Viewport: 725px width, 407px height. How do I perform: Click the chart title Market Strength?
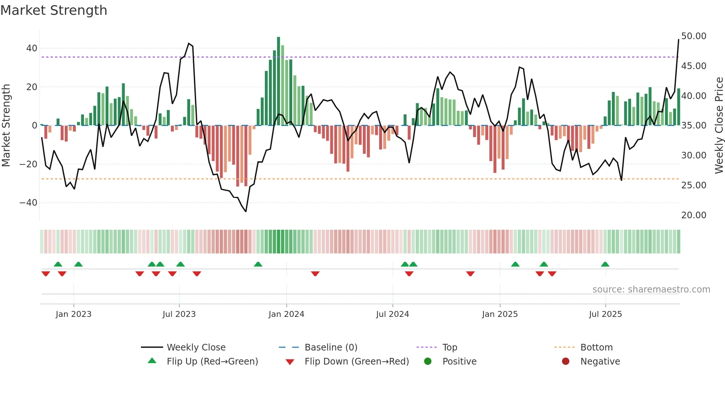click(54, 10)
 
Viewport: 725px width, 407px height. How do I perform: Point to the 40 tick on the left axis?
click(31, 48)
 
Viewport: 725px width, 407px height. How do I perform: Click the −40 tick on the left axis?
click(28, 203)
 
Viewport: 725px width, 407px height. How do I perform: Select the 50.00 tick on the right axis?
click(694, 36)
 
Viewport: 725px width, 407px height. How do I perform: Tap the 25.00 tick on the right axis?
click(694, 185)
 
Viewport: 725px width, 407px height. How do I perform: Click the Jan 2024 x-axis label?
click(286, 314)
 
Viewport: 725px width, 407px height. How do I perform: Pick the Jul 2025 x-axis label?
click(605, 314)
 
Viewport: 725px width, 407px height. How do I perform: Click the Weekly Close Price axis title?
click(719, 126)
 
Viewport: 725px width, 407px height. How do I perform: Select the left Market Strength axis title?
click(6, 126)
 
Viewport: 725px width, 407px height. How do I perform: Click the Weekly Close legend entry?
click(196, 348)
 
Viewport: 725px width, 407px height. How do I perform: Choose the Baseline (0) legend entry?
click(331, 348)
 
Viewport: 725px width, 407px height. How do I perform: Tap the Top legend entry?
click(449, 348)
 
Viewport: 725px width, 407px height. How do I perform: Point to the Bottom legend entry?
click(596, 348)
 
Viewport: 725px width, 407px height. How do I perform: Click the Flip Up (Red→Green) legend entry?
click(212, 362)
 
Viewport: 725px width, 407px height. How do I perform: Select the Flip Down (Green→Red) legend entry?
click(357, 362)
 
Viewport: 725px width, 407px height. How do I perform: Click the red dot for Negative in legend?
click(565, 362)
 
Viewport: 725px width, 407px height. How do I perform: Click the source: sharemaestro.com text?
click(651, 290)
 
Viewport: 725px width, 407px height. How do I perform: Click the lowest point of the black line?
click(246, 211)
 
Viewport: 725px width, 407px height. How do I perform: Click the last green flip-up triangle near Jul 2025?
click(605, 264)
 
